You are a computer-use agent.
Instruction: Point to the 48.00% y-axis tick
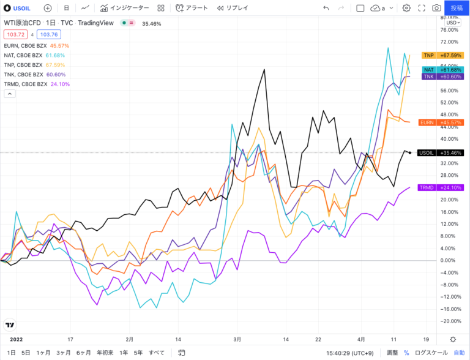coord(450,114)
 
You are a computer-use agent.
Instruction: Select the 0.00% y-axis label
coord(450,260)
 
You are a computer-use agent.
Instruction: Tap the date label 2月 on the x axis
coord(129,339)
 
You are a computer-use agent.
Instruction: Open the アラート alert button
coord(192,8)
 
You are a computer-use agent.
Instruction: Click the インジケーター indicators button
coord(125,8)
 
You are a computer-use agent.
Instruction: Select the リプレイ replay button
coord(233,8)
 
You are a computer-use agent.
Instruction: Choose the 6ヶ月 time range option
coord(84,353)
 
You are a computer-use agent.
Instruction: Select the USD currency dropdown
coord(453,23)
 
